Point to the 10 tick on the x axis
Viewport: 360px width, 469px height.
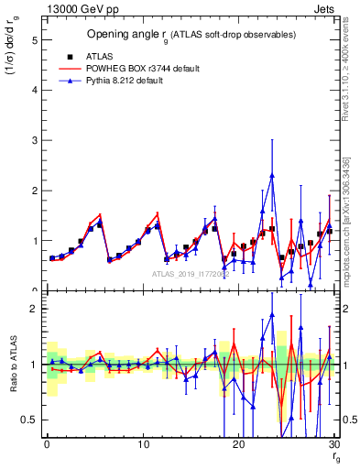(142, 444)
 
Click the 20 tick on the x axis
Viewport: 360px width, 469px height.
(238, 444)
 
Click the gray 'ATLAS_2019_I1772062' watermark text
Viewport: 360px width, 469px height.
(192, 273)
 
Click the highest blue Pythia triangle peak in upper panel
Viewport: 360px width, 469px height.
(272, 175)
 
